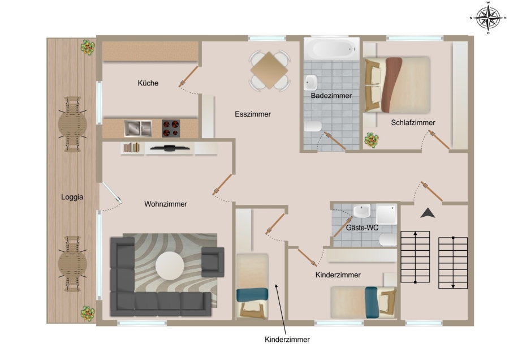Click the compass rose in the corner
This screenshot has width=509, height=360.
tap(488, 18)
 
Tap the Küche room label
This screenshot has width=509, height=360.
tap(148, 83)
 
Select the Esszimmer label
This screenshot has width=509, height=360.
tap(253, 114)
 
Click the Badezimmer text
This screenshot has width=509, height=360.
tap(331, 96)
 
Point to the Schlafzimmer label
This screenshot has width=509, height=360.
tap(413, 122)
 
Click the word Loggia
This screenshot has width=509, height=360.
tap(72, 197)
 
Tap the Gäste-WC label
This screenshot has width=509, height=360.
tap(362, 228)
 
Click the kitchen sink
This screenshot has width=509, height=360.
tap(138, 128)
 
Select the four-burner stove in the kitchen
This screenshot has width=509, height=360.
tap(171, 128)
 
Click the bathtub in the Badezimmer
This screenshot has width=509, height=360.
tap(331, 49)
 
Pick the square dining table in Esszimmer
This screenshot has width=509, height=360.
tap(269, 70)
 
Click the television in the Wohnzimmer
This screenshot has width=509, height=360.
tap(170, 148)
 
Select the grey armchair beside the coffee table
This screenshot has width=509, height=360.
tap(213, 262)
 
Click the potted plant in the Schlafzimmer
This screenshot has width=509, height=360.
tap(372, 140)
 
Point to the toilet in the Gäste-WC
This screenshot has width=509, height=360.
tap(388, 240)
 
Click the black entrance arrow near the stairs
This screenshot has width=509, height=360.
tap(428, 213)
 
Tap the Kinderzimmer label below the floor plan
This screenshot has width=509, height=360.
tap(287, 340)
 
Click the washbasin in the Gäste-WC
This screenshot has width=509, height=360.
tap(361, 211)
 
